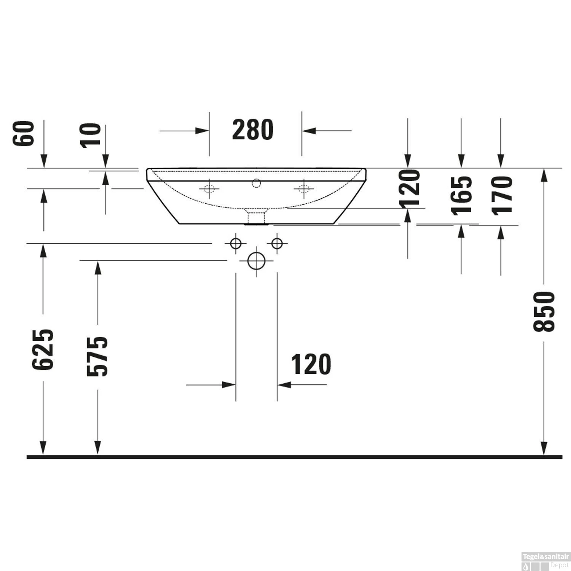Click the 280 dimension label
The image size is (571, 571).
click(x=253, y=130)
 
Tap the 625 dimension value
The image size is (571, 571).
click(x=43, y=349)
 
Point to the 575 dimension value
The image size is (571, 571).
click(x=97, y=356)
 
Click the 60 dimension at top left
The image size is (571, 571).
click(x=24, y=133)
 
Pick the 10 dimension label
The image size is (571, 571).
click(x=91, y=135)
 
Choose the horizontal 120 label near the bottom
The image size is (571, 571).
click(x=311, y=365)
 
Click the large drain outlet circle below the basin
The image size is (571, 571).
click(x=256, y=261)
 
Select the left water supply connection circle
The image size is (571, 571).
click(x=236, y=243)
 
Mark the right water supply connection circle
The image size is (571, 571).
click(x=277, y=243)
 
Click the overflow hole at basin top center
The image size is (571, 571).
click(x=256, y=183)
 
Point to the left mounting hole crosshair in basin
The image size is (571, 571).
click(x=209, y=188)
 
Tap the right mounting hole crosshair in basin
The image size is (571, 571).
click(x=304, y=188)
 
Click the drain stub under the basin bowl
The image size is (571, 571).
click(x=256, y=217)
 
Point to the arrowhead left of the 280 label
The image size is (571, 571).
click(x=202, y=131)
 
